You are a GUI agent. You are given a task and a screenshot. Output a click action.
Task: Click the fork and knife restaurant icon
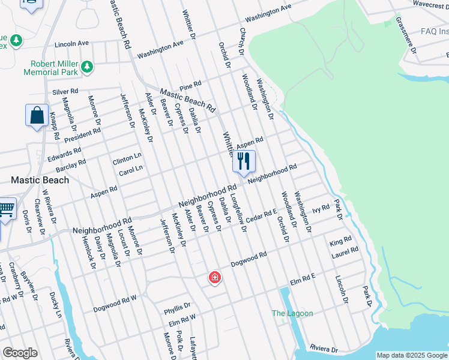point(243,161)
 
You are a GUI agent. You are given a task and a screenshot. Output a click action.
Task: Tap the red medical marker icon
point(214,278)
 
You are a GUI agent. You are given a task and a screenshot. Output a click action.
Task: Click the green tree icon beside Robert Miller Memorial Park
point(88,65)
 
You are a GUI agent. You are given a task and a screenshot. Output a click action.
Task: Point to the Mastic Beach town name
point(40,179)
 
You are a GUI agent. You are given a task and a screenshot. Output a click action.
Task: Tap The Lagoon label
point(292,313)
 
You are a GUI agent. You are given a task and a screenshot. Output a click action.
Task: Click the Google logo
point(20,353)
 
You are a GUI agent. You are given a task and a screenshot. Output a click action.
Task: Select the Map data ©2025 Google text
point(411,355)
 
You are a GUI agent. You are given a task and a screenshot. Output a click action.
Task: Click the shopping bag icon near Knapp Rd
point(37,115)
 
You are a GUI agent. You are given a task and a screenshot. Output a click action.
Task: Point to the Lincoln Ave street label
point(71,44)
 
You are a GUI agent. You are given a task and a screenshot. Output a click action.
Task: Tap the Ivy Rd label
point(321,209)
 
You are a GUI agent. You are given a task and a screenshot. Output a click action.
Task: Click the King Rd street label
point(340,242)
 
